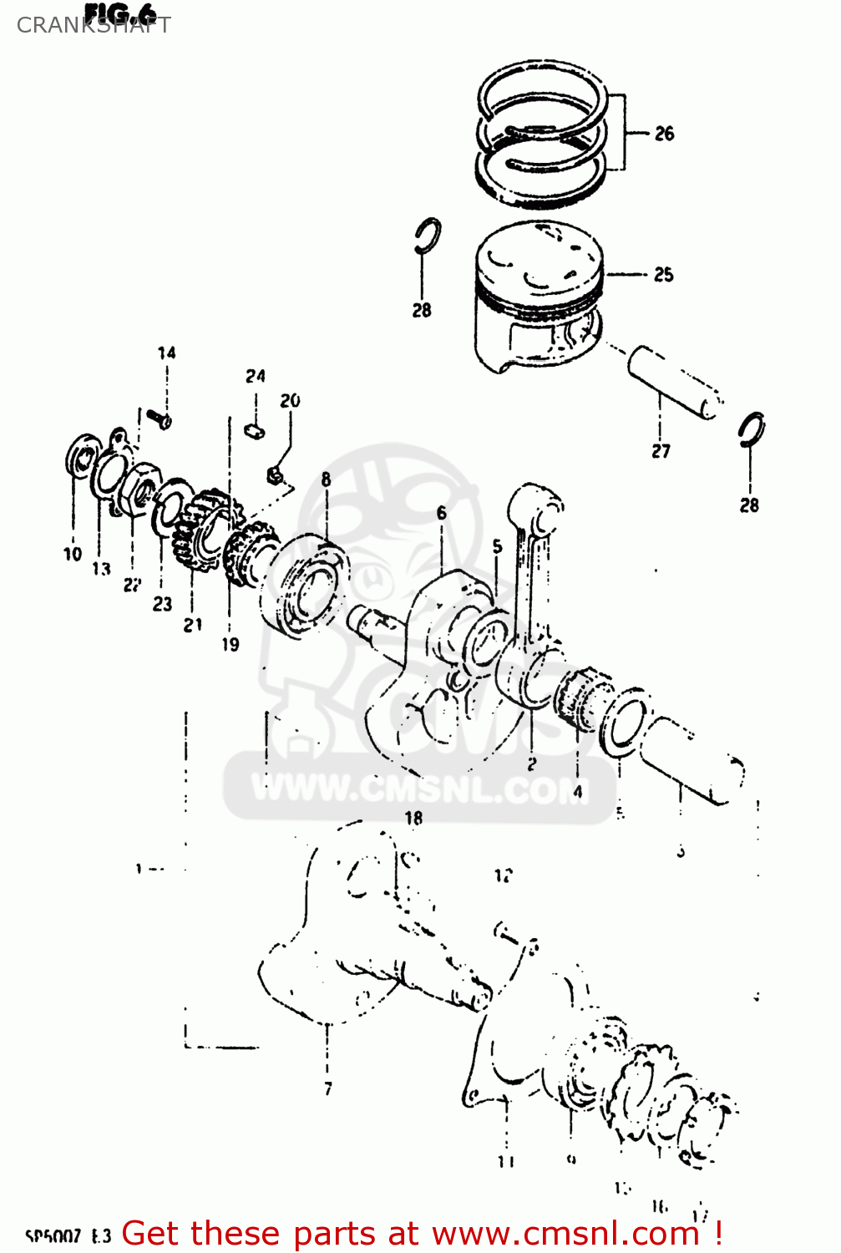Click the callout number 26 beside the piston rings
pos(664,134)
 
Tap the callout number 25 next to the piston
pos(663,275)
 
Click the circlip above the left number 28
pos(428,236)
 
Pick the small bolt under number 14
pos(159,417)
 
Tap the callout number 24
pos(256,377)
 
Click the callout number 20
pos(290,401)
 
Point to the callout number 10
pos(73,554)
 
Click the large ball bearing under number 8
pos(304,583)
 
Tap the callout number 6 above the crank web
pos(441,513)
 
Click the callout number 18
pos(413,819)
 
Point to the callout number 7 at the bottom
pos(328,1088)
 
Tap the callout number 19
pos(231,644)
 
